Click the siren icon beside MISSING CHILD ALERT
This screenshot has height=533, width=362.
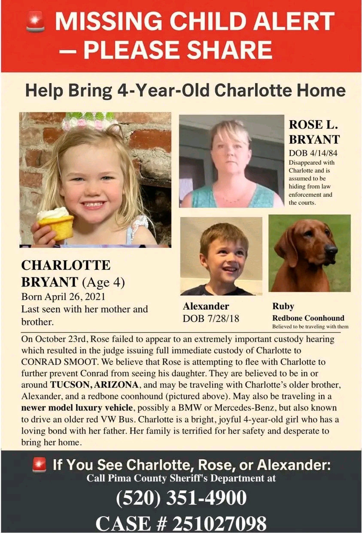click(x=35, y=21)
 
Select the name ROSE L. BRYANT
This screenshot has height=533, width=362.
click(x=314, y=132)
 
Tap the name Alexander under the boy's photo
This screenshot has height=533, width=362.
click(x=206, y=306)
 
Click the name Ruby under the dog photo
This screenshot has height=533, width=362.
click(x=283, y=306)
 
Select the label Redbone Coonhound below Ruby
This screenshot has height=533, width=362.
click(x=308, y=318)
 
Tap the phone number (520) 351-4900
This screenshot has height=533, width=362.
click(x=181, y=498)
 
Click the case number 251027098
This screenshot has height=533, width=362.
click(x=219, y=523)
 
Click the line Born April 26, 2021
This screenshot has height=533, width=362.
click(x=63, y=297)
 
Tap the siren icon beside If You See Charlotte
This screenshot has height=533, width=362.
click(x=39, y=464)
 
